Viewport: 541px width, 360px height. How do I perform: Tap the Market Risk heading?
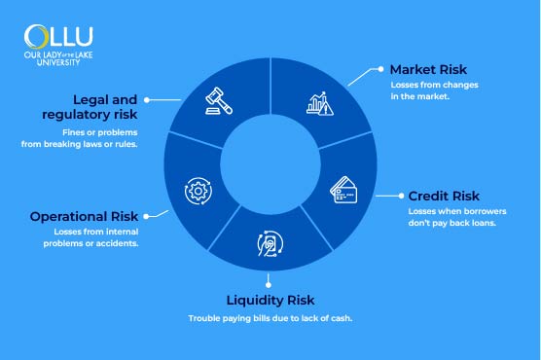pyautogui.click(x=429, y=70)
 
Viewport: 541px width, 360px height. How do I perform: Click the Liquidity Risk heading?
pyautogui.click(x=270, y=299)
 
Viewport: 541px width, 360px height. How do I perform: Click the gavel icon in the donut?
pyautogui.click(x=216, y=100)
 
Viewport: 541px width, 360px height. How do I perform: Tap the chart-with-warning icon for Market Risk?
pyautogui.click(x=322, y=101)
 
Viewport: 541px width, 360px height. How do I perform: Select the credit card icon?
pyautogui.click(x=344, y=189)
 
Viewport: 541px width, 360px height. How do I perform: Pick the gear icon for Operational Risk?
pyautogui.click(x=195, y=190)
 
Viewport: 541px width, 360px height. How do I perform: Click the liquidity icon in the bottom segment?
pyautogui.click(x=270, y=243)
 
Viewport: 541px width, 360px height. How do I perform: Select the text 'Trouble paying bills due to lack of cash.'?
pyautogui.click(x=270, y=319)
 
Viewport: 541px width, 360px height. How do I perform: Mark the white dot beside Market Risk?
pyautogui.click(x=380, y=70)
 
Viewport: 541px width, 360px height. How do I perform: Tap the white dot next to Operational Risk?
pyautogui.click(x=149, y=215)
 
